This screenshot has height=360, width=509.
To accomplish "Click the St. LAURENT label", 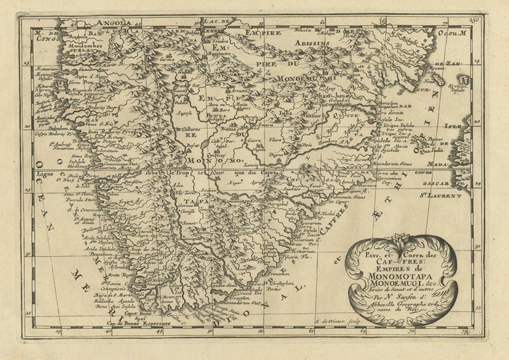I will click(445, 196).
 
